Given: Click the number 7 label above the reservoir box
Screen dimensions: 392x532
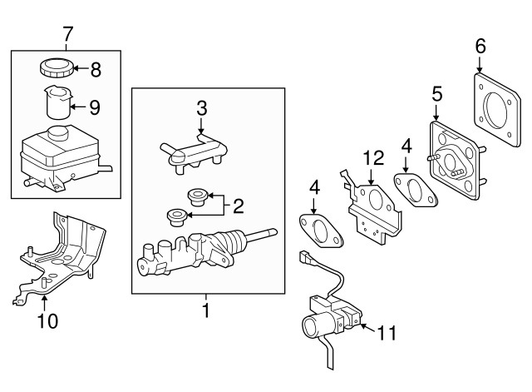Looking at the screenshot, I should point(68,34).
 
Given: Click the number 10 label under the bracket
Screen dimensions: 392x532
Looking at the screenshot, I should point(47,320).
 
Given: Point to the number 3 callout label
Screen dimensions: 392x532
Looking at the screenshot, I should point(201,107).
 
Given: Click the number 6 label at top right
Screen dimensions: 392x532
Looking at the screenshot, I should point(480,46).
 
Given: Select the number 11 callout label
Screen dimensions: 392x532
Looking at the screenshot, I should point(386,335).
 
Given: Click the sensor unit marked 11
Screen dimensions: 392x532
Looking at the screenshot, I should point(328,320).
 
